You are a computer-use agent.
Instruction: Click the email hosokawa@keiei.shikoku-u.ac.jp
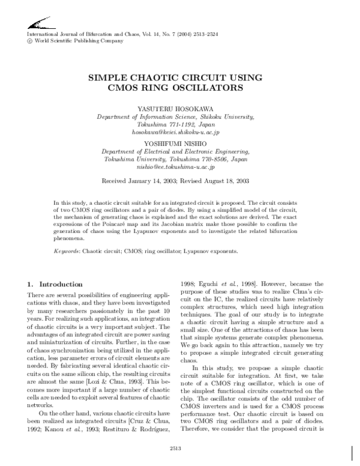[x=176, y=132]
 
